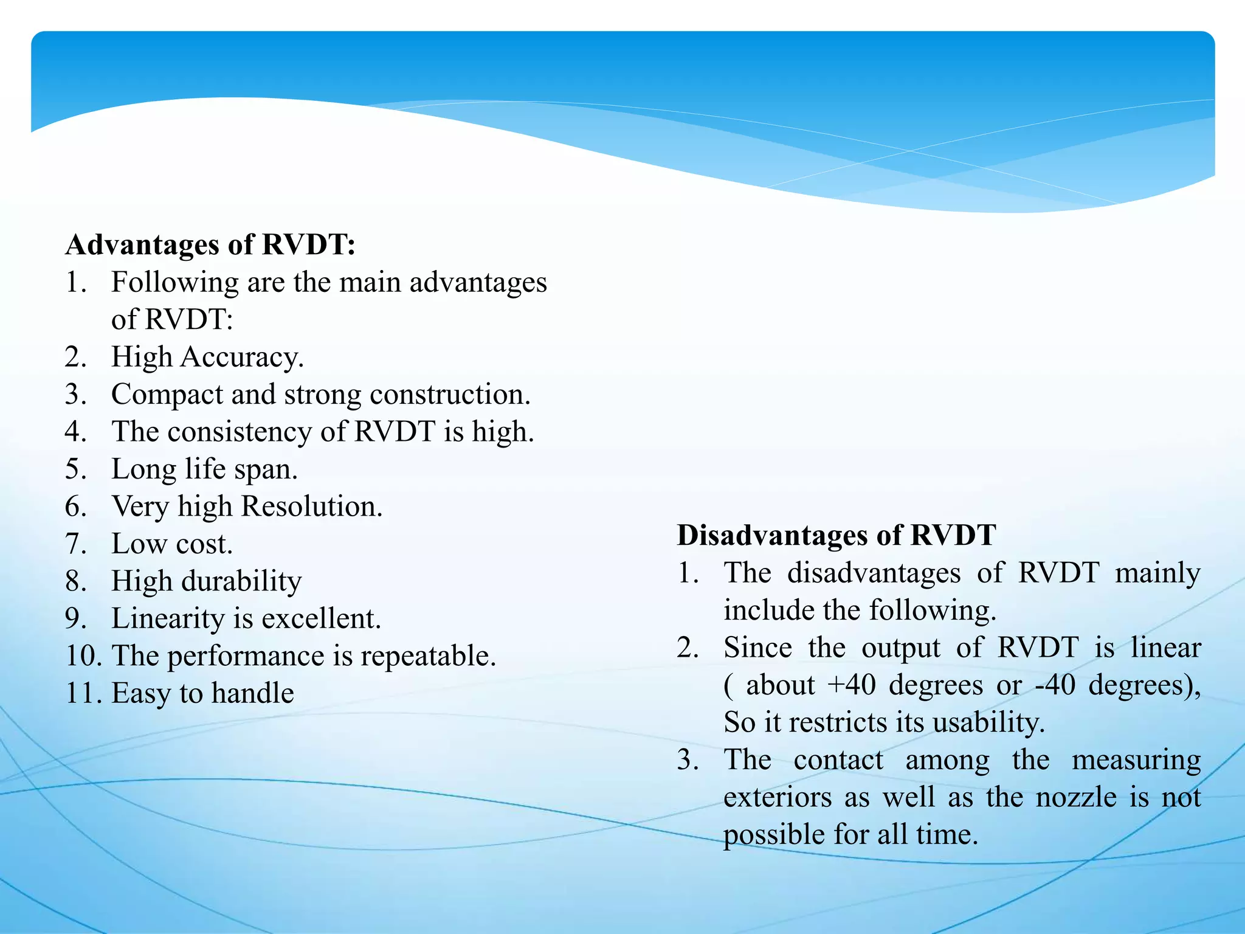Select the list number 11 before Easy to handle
(79, 693)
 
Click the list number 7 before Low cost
(75, 544)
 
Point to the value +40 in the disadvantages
(851, 685)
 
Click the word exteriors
(778, 797)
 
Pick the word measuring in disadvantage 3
(1136, 761)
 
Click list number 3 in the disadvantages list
(688, 761)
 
